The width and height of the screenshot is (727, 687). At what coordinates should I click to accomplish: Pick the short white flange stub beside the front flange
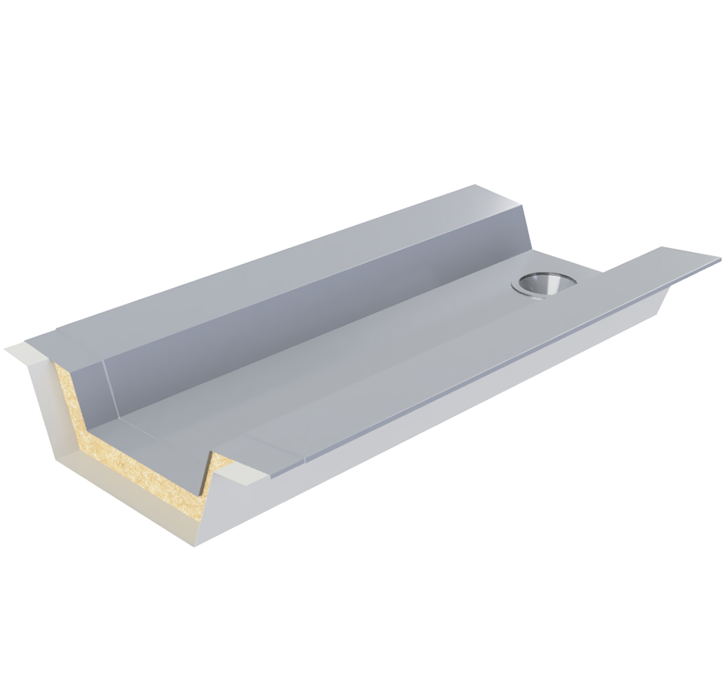243,474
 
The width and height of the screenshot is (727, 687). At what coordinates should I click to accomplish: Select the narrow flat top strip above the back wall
278,262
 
